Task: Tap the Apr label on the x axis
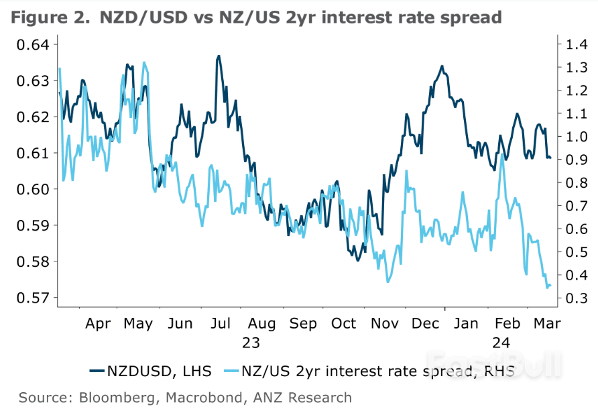[98, 323]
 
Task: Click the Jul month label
[221, 323]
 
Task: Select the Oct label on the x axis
[344, 323]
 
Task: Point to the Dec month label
[426, 323]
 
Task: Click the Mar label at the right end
[548, 323]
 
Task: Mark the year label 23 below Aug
[250, 343]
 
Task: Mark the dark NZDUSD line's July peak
[218, 56]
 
